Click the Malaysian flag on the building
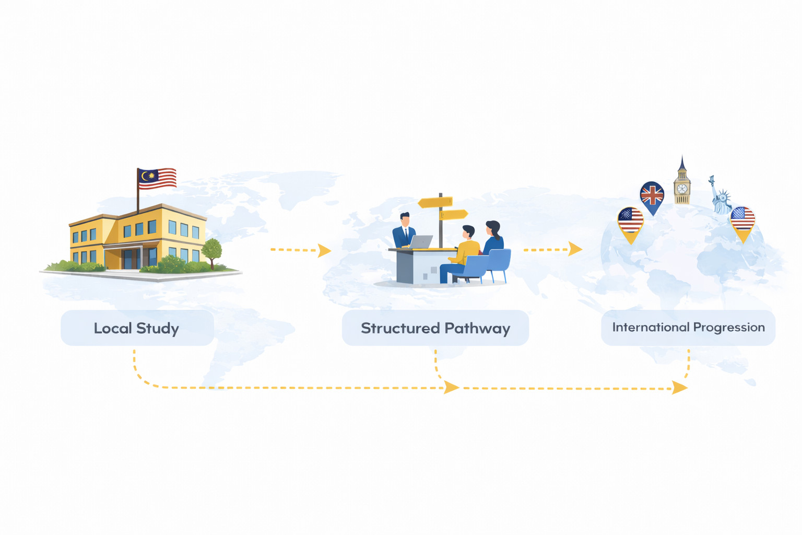(157, 179)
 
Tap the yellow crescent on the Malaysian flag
(144, 176)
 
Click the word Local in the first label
(112, 328)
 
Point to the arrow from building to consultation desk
(301, 250)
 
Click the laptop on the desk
(420, 241)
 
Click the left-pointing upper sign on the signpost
(435, 203)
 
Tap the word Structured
(400, 328)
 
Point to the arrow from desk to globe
(553, 249)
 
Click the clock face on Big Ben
(682, 189)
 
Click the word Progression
(729, 328)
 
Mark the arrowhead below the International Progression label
(679, 388)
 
